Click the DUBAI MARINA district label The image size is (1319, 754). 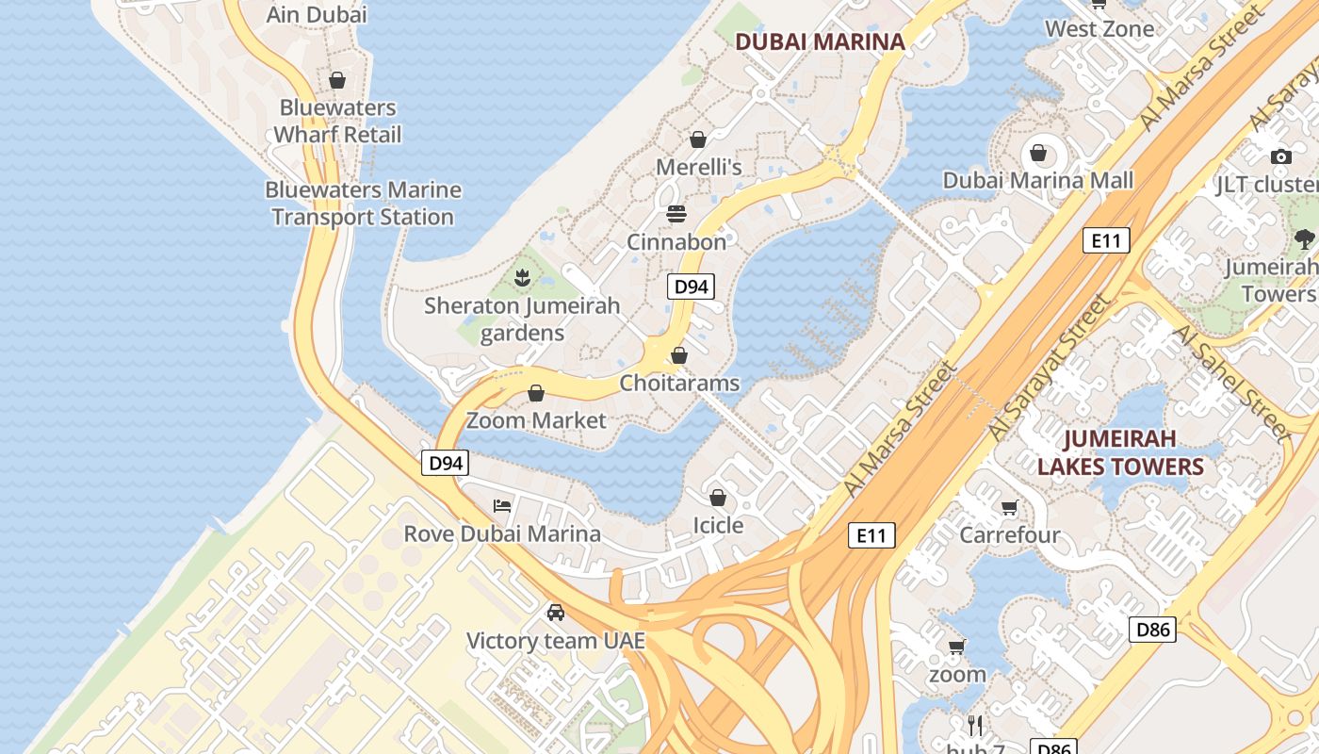819,41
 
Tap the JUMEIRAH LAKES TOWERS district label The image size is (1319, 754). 1120,452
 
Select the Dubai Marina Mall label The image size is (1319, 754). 1037,180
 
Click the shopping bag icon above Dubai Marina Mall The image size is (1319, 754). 1038,152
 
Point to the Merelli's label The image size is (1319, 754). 698,167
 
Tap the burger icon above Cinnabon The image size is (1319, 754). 676,214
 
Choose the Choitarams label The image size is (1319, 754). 679,384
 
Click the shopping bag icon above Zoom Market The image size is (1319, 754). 536,393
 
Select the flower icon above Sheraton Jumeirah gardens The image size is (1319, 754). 522,277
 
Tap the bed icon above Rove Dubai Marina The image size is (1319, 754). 502,506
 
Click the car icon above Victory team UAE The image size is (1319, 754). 556,613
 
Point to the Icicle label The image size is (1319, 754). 718,525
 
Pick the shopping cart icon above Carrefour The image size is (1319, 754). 1010,508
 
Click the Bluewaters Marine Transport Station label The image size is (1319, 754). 363,203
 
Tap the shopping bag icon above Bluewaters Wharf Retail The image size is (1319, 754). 337,81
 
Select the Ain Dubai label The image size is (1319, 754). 317,14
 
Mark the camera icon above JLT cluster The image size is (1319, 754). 1280,157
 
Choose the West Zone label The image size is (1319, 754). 1099,28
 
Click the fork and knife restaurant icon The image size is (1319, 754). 975,725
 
